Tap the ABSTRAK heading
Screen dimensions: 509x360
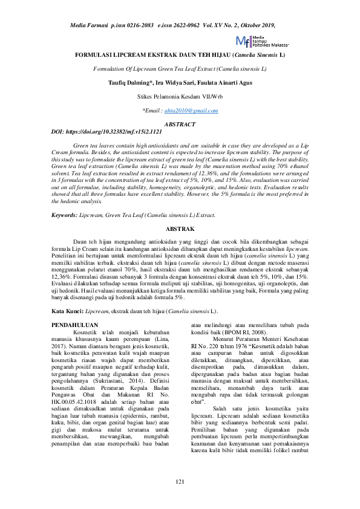pos(180,229)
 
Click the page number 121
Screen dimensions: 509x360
pos(180,481)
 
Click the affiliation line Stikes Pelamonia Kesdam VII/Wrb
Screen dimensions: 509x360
pos(180,97)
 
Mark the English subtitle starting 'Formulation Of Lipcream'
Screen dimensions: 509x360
pos(180,69)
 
